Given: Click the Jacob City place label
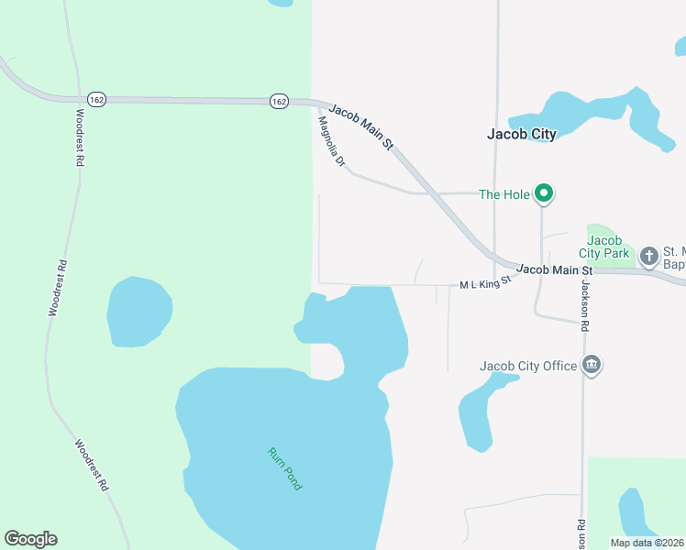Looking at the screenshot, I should [521, 134].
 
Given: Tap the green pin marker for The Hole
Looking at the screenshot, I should [544, 193].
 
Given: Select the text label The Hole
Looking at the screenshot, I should [503, 194].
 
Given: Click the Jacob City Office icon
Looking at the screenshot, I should [592, 366].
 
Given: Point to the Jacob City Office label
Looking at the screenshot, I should [528, 367].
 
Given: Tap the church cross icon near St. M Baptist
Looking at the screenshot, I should [649, 255].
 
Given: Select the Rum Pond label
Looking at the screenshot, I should [284, 468].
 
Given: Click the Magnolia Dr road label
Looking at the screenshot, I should [331, 141].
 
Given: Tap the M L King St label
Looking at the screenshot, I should [484, 284].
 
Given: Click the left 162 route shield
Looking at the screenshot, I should [96, 99].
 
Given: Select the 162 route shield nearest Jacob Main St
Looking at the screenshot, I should [279, 101].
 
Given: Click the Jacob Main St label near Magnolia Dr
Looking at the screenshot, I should [361, 126].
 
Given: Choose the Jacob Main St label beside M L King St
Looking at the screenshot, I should [555, 269].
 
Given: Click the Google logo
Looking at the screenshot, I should [30, 539].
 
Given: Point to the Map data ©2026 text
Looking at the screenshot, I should [647, 543].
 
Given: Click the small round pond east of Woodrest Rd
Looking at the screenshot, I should [139, 312].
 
